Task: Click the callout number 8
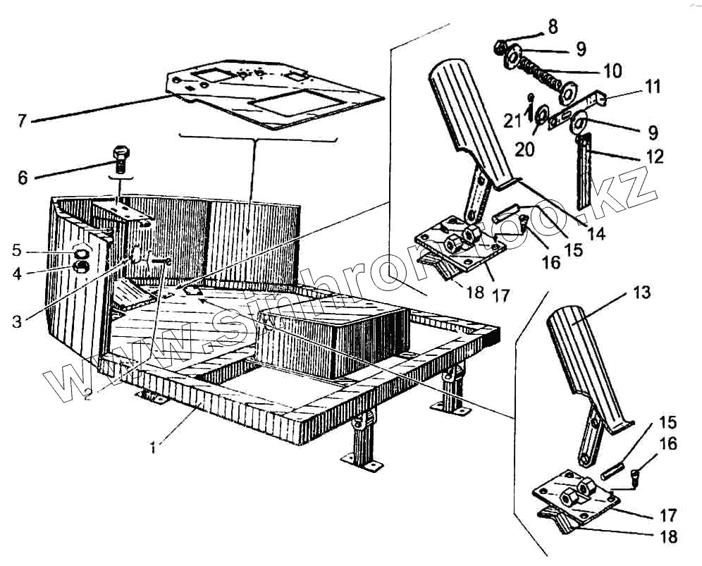pyautogui.click(x=552, y=27)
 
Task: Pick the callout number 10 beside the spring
pyautogui.click(x=612, y=70)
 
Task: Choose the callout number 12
pyautogui.click(x=655, y=156)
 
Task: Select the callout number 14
pyautogui.click(x=596, y=235)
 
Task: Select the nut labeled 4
pyautogui.click(x=82, y=266)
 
